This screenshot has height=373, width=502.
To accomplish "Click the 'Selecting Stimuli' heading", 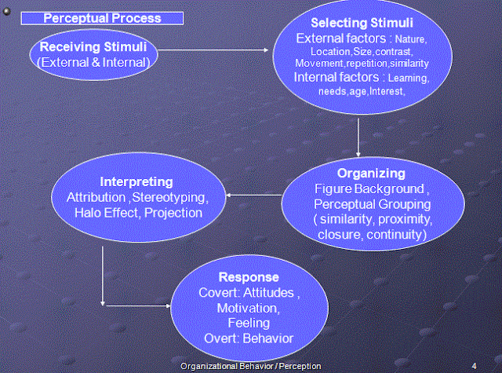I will tap(361, 23).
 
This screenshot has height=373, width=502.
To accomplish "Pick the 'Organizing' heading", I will tap(370, 173).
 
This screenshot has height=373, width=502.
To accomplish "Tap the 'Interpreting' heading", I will tap(131, 182).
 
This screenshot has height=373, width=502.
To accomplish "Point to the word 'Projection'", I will tap(173, 213).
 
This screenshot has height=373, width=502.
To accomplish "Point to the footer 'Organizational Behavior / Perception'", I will tap(250, 367).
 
